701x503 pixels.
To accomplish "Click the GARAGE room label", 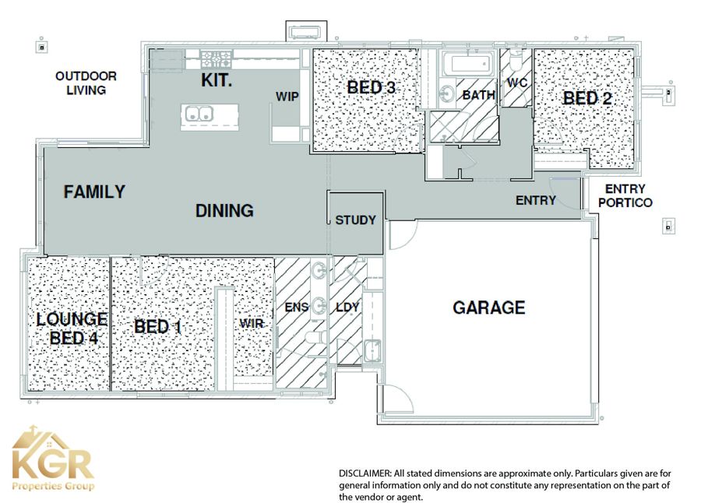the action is (x=488, y=308).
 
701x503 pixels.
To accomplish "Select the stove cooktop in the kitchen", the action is (x=217, y=58).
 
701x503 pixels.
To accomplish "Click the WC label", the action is (x=517, y=83).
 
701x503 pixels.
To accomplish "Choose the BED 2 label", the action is (x=587, y=98).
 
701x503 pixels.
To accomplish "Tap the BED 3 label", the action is (x=371, y=87).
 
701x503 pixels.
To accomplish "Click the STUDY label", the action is (x=355, y=220).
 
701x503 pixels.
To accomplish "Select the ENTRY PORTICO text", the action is (x=625, y=195).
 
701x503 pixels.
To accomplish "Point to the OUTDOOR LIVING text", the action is (x=86, y=83).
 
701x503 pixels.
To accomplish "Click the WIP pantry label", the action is (x=287, y=97).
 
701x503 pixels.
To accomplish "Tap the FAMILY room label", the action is (x=94, y=192).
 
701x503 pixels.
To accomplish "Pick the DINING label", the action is (x=224, y=210).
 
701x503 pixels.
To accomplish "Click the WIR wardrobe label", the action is (x=252, y=323).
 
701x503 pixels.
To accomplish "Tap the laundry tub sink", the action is (x=372, y=350).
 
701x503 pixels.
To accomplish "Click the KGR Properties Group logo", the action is (x=53, y=459).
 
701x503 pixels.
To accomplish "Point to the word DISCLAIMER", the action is (x=365, y=473).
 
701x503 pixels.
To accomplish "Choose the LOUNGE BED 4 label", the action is (x=72, y=329).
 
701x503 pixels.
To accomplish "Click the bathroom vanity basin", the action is (x=446, y=94).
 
